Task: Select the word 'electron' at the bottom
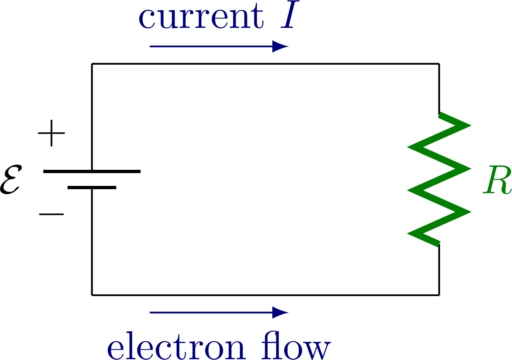(x=176, y=347)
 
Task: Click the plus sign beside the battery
(x=51, y=133)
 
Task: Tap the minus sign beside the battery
(x=51, y=214)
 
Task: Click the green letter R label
(x=497, y=180)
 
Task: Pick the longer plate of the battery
(x=92, y=171)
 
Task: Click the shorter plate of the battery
(x=92, y=188)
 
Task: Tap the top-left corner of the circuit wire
(x=92, y=64)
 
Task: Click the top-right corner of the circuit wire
(x=439, y=64)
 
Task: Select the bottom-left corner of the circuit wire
(x=92, y=295)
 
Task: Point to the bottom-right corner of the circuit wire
(x=439, y=295)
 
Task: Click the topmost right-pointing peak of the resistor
(x=468, y=125)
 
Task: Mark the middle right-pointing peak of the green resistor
(x=468, y=169)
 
